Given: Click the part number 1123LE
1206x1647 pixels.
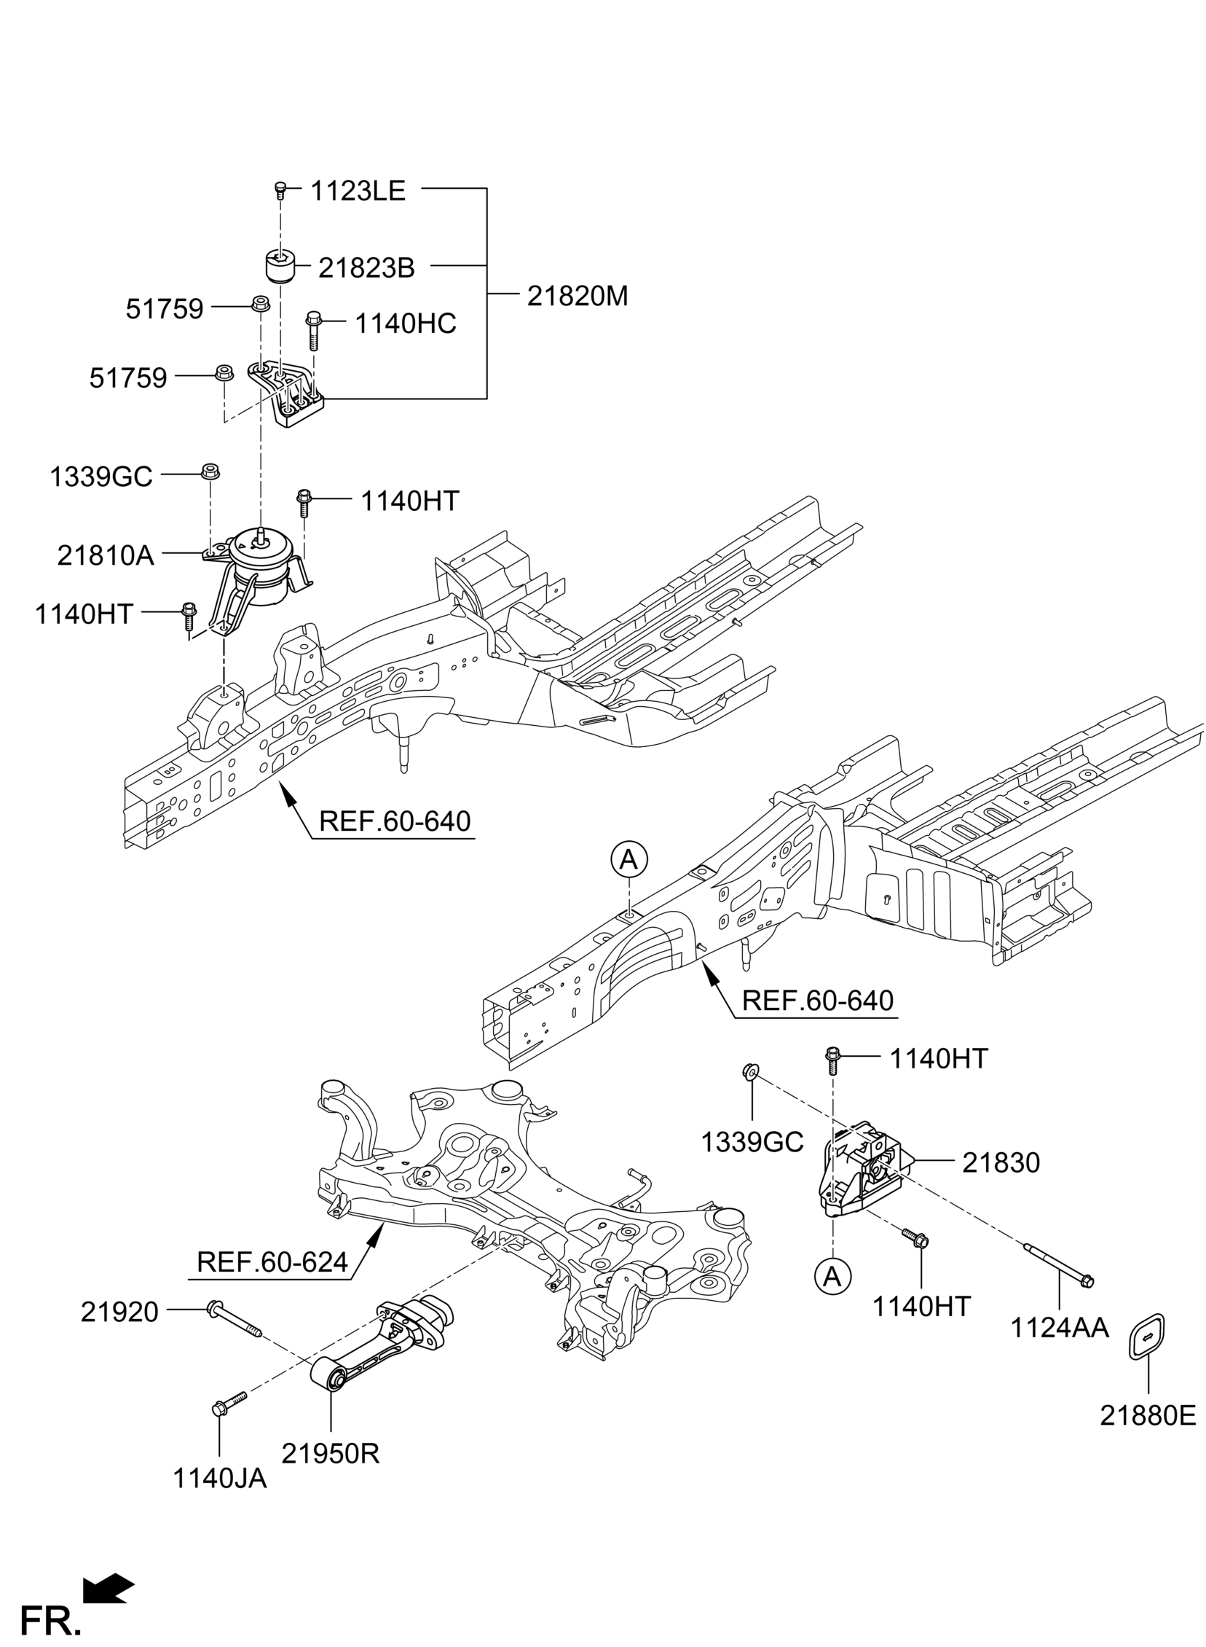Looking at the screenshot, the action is pos(358,192).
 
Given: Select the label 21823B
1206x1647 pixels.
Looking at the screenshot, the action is pos(366,269).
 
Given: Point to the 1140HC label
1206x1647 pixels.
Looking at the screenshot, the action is pos(406,324).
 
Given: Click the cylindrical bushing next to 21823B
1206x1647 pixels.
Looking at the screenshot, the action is pos(278,266).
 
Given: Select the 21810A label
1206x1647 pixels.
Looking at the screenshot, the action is pos(106,557).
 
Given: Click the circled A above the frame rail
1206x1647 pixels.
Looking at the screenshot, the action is pos(629,861).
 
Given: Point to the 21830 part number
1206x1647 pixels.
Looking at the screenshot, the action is pos(1001,1164).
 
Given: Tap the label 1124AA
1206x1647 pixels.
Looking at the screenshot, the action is pos(1060,1329).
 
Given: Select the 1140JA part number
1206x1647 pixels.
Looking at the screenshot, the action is pos(220,1500).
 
